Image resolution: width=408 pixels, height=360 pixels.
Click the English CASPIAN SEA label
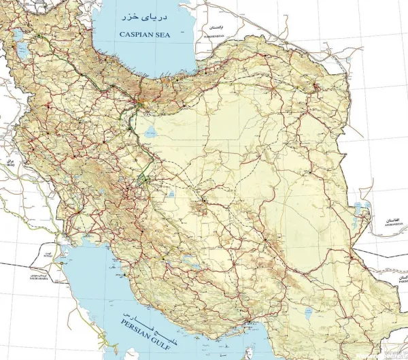tap(145, 33)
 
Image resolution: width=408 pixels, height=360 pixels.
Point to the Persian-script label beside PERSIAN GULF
tap(151, 319)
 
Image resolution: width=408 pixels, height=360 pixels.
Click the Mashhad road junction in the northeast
tap(315, 86)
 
